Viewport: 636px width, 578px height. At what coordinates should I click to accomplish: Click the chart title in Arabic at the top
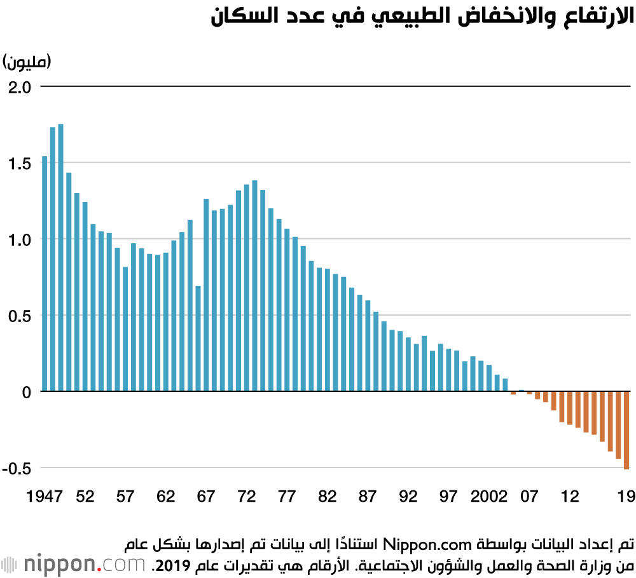coord(422,17)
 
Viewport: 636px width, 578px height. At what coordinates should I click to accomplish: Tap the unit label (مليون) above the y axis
coord(27,62)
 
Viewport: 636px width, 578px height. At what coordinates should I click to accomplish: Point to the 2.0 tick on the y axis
coord(20,87)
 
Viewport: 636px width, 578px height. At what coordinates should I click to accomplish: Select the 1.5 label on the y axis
coord(20,164)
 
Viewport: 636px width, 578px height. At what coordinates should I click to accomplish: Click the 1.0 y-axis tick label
coord(20,240)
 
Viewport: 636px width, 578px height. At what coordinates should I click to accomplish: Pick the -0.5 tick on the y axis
coord(17,469)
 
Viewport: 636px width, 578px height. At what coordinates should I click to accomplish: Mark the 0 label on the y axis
coord(27,393)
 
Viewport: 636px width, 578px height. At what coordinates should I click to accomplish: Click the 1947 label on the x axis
coord(45,496)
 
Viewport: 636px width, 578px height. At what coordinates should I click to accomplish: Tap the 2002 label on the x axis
coord(488,496)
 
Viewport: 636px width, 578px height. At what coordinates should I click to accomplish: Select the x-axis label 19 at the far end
coord(626,496)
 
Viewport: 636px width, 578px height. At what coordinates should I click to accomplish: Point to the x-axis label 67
coord(205,496)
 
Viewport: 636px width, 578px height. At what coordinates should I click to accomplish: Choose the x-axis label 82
coord(327,496)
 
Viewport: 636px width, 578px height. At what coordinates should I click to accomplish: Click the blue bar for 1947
coord(45,274)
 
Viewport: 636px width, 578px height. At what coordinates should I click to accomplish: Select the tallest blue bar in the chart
coord(61,258)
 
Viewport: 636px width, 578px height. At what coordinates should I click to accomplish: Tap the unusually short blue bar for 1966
coord(198,339)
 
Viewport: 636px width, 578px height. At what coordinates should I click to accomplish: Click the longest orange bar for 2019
coord(626,430)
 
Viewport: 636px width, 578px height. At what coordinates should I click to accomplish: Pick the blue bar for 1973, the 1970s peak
coord(255,286)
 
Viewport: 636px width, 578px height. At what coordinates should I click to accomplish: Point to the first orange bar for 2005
coord(513,393)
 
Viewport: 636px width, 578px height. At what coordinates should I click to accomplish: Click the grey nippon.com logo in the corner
coord(73,563)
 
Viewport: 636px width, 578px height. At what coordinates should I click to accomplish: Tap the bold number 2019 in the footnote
coord(173,566)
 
